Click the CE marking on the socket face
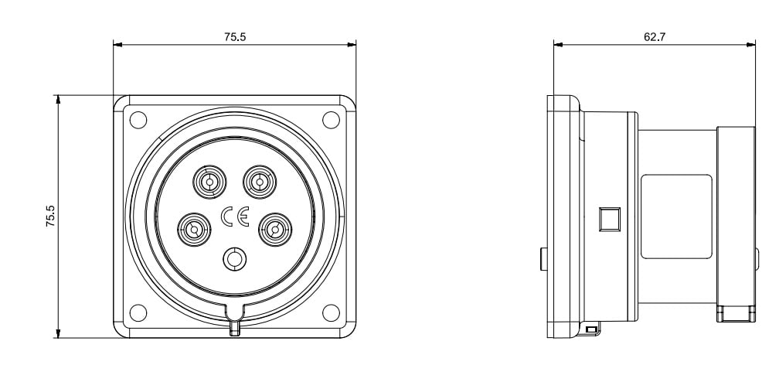pyautogui.click(x=234, y=217)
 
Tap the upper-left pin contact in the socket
pyautogui.click(x=209, y=182)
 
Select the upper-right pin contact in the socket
pyautogui.click(x=260, y=182)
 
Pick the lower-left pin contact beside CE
pyautogui.click(x=194, y=230)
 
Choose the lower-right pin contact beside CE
pyautogui.click(x=275, y=230)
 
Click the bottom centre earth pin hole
pyautogui.click(x=234, y=259)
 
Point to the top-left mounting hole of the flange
pyautogui.click(x=138, y=120)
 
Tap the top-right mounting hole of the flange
pyautogui.click(x=331, y=120)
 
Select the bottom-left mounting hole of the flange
pyautogui.click(x=138, y=312)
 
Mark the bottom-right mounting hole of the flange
pyautogui.click(x=331, y=312)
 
